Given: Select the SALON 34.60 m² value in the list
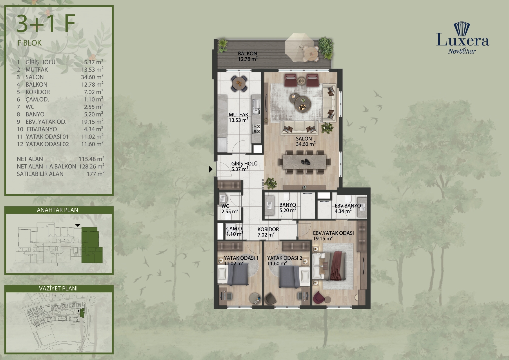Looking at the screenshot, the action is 92,77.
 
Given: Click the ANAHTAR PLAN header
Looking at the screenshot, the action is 57,210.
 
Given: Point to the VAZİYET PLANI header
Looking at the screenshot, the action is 58,288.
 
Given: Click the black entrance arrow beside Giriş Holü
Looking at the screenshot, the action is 211,169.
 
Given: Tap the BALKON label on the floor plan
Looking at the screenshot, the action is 247,54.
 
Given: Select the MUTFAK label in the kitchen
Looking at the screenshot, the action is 239,115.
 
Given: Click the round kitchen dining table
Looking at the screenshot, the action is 239,83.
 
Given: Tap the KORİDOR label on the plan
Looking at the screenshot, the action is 268,229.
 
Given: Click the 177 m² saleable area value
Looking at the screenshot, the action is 96,174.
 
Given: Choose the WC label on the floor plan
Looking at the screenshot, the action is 225,206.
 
